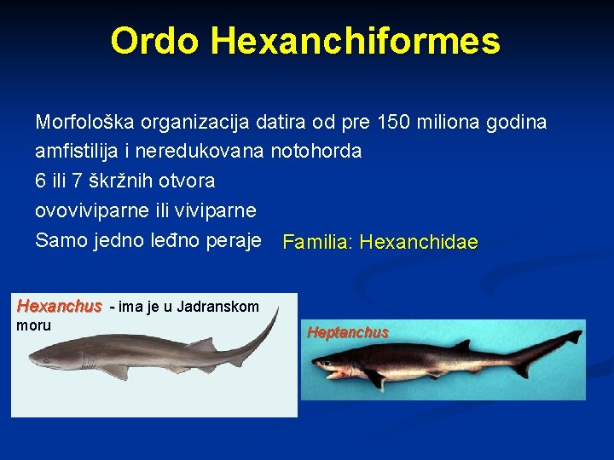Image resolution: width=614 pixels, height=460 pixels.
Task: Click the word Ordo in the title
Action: click(x=154, y=41)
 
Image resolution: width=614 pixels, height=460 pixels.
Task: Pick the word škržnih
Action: click(x=115, y=181)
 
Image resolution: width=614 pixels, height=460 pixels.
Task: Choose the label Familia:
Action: click(x=318, y=243)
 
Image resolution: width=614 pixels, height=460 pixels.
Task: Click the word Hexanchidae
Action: click(x=419, y=243)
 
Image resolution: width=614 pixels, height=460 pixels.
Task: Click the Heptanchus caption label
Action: click(x=348, y=332)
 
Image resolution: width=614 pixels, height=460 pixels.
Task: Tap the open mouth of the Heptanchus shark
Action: click(x=327, y=369)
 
